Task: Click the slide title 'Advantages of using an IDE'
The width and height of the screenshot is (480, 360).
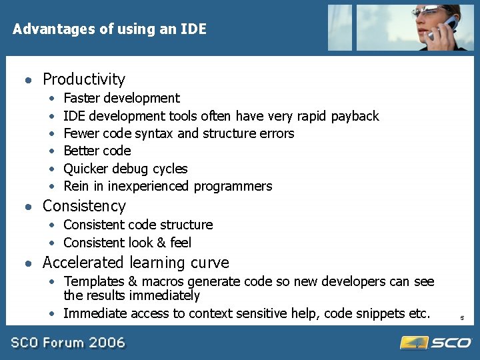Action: pos(110,29)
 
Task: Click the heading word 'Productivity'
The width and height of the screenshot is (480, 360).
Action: pos(83,79)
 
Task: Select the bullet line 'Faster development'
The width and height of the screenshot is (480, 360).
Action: pos(121,99)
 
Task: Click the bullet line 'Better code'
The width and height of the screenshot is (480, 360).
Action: pos(97,151)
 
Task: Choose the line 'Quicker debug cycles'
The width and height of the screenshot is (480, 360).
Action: pos(125,169)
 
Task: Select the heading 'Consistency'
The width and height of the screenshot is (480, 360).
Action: pos(84,206)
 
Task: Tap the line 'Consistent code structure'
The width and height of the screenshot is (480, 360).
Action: pos(138,225)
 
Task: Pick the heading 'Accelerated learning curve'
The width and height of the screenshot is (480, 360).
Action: pos(135,263)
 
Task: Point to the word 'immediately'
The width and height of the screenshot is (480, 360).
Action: pos(164,295)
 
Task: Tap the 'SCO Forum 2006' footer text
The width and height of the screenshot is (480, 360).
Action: pos(67,343)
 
